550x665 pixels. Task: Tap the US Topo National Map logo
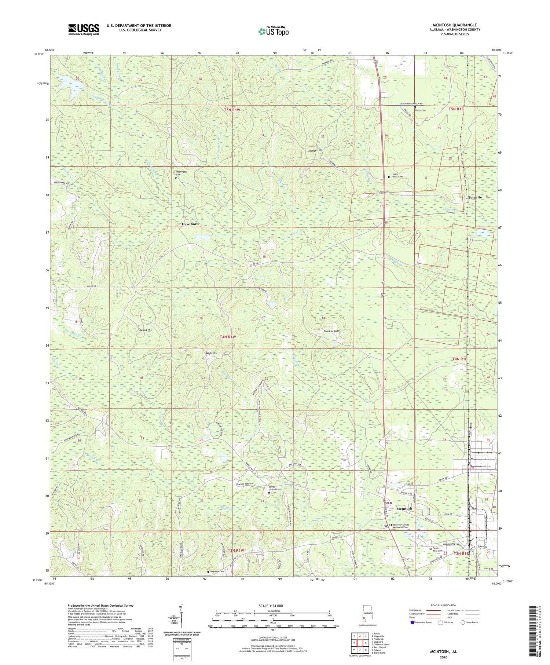[x=273, y=31]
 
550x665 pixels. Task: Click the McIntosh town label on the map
[x=404, y=508]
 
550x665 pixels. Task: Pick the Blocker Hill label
[x=331, y=331]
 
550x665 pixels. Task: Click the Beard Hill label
[x=146, y=330]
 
